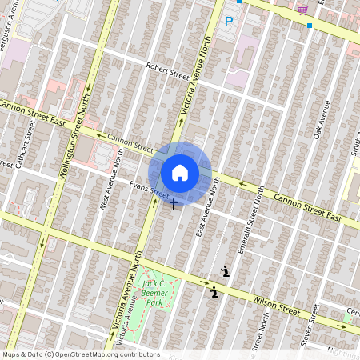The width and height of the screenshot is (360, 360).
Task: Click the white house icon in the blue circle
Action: pos(180,173)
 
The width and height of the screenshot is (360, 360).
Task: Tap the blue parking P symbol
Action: pos(228,22)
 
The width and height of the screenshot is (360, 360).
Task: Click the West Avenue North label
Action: pos(109,185)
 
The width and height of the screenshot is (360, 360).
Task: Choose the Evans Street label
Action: pos(150,191)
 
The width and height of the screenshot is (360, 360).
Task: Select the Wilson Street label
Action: pos(275,305)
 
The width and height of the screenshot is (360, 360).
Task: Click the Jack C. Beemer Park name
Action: pos(154,293)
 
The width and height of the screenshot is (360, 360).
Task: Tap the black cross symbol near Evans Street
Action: pos(174,203)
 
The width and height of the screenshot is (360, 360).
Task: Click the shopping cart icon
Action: pos(302,10)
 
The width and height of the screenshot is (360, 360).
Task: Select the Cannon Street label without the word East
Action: pos(129,143)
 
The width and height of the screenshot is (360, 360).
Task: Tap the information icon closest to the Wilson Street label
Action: pos(214,292)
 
